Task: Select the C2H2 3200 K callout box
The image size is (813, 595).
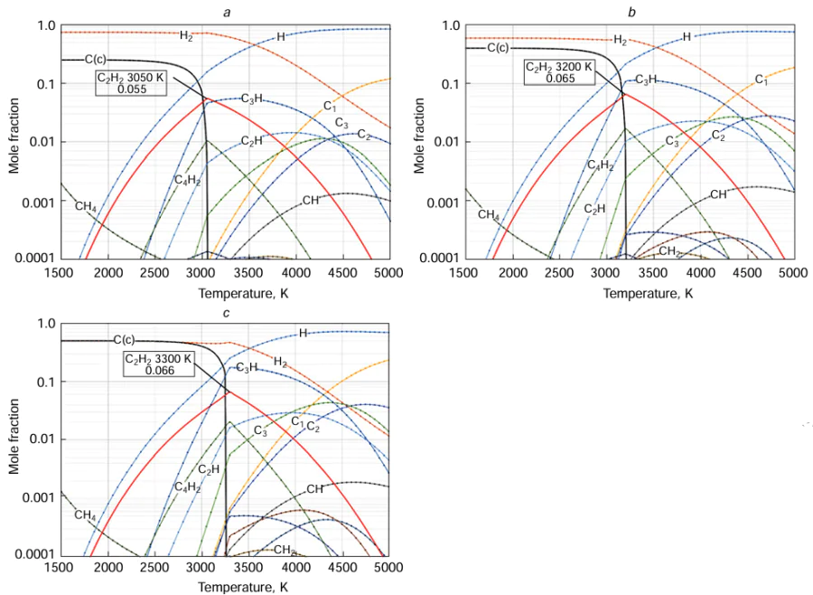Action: [x=559, y=72]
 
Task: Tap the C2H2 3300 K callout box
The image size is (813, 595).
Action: [x=159, y=364]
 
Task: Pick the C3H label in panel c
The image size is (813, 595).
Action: [x=247, y=367]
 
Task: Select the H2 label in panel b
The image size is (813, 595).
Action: [x=620, y=41]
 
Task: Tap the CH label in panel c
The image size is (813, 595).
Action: [x=314, y=489]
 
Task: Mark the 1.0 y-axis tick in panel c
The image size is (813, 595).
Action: [x=44, y=324]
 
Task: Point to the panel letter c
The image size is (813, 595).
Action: [x=226, y=313]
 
